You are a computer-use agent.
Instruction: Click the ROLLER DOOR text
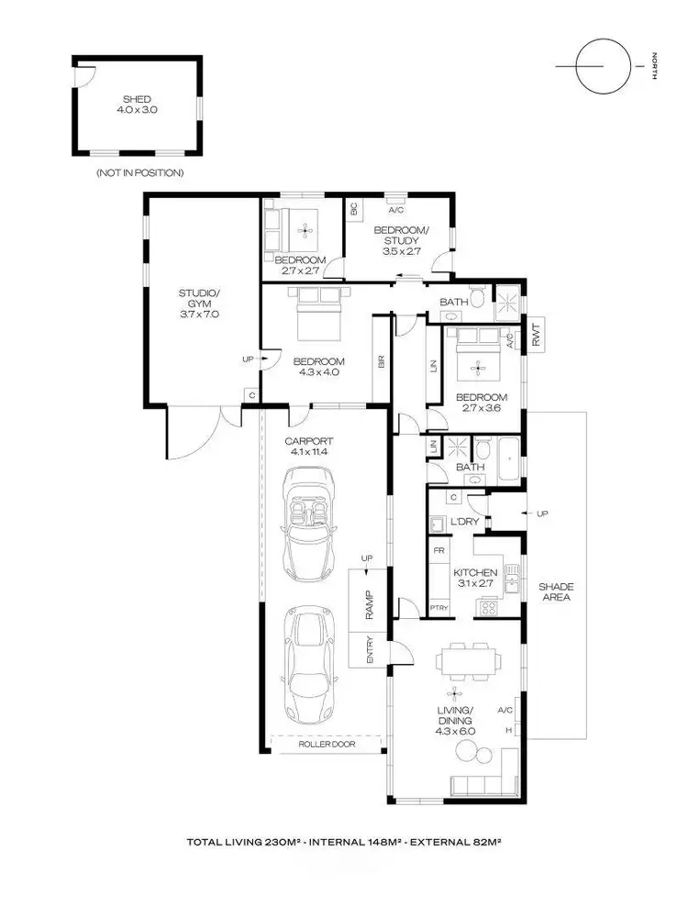(x=327, y=745)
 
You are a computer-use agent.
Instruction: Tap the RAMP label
(x=367, y=606)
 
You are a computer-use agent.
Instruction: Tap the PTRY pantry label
(x=439, y=607)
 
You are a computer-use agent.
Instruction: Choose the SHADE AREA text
(x=554, y=591)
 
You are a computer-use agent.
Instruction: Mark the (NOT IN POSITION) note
(x=139, y=172)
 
